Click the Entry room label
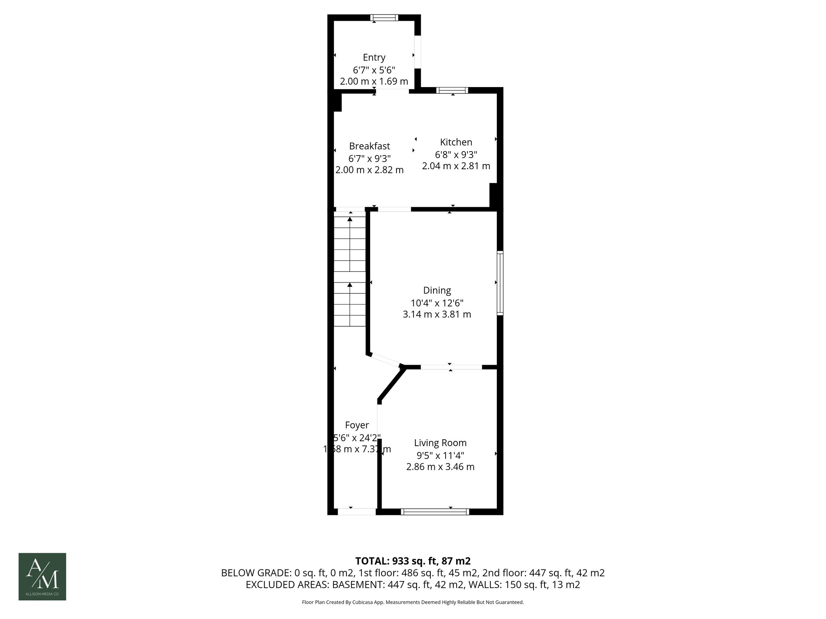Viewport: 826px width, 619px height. (374, 58)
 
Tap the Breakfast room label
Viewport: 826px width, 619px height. (369, 146)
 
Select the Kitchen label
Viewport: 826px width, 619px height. (456, 142)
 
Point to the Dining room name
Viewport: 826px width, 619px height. (437, 290)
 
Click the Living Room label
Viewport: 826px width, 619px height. (440, 443)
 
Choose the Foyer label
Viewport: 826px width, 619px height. (357, 425)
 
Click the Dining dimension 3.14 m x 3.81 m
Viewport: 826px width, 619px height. (437, 314)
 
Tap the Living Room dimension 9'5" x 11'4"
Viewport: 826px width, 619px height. (440, 455)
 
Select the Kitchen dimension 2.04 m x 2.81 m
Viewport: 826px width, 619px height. (456, 166)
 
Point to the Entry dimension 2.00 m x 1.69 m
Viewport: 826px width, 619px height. (374, 81)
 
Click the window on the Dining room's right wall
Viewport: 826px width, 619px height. (500, 282)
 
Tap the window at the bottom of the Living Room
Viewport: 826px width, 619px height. (435, 512)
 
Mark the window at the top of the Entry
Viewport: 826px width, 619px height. (384, 18)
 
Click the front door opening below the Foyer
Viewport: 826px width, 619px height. (357, 512)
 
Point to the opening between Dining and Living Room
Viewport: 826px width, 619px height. (451, 367)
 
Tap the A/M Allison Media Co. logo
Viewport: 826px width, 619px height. (42, 577)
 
